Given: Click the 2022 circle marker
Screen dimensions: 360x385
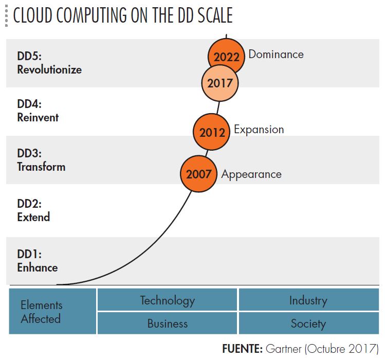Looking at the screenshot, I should coord(227,57).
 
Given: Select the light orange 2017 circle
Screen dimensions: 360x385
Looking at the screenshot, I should coord(220,83).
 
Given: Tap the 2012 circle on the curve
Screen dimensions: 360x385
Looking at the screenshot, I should coord(212,133).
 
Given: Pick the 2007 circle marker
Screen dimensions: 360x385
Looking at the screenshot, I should coord(199,174).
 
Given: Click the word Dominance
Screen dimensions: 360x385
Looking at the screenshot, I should coord(276,54).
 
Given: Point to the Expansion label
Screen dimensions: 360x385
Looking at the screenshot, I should coord(259,130).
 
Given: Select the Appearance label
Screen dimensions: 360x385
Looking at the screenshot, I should coord(251,174).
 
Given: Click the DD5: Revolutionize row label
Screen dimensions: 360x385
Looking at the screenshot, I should coord(49,63).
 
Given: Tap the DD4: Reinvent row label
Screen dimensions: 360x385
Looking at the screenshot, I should coord(38,111).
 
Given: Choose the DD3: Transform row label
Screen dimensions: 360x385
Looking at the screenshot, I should coord(41,160).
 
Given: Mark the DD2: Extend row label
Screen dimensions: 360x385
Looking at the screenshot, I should coord(33,210).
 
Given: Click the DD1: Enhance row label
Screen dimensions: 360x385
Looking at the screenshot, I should coord(37,261).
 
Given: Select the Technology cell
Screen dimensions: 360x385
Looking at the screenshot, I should coord(168,300).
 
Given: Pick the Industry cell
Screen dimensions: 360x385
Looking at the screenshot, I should coord(308,300).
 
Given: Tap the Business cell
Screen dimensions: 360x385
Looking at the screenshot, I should coord(168,323).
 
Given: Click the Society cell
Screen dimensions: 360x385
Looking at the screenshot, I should coord(308,323).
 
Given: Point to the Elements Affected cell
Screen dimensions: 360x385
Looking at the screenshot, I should coord(41,312).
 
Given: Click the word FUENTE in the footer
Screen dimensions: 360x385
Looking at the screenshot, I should coord(243,349).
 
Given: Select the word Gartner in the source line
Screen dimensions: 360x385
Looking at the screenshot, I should coord(284,349).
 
